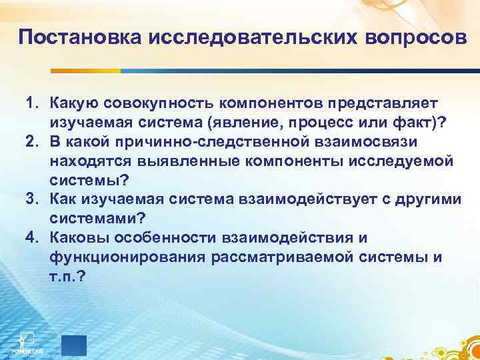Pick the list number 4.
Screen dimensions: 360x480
[31, 238]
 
